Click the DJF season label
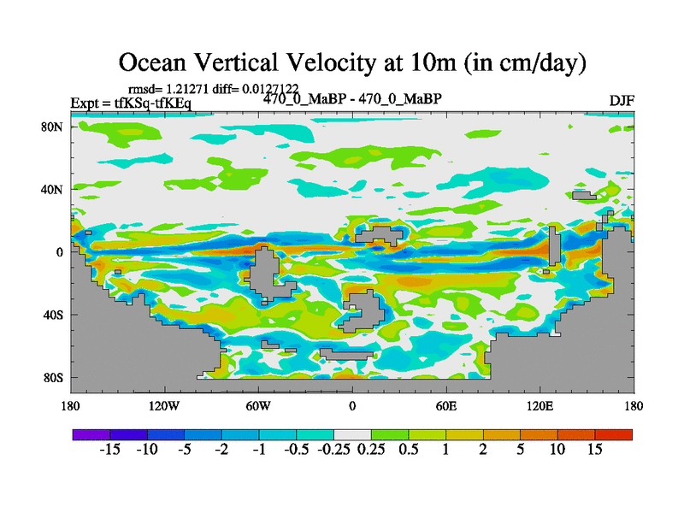(621, 101)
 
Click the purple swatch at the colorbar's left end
(91, 434)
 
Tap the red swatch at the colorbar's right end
(614, 434)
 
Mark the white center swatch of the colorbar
(352, 434)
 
